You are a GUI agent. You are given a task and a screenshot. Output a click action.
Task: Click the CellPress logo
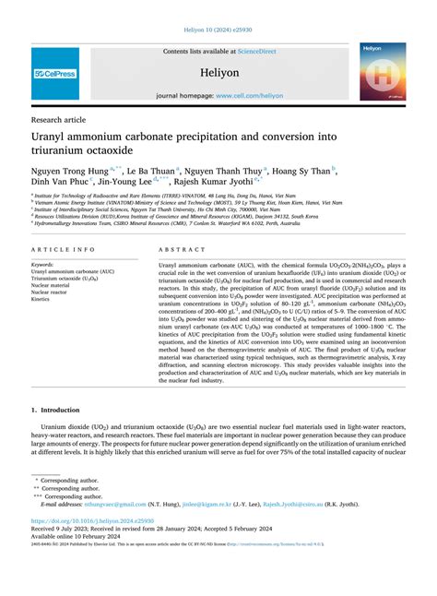pos(55,74)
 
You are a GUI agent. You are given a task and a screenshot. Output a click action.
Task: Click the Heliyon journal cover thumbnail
pos(383,73)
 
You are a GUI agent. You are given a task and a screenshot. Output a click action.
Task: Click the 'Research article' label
pos(61,119)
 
